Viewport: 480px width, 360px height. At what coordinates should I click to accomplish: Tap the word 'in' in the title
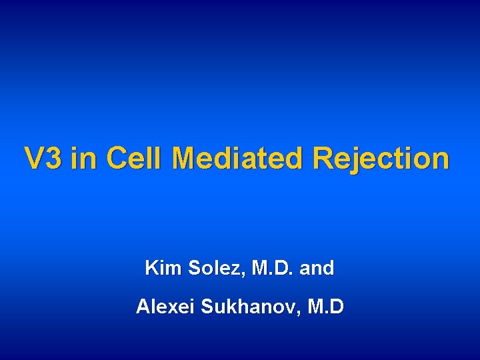[x=83, y=159]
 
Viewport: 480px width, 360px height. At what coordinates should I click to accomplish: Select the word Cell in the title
[x=133, y=159]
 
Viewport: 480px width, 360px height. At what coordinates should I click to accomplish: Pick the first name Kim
[x=163, y=269]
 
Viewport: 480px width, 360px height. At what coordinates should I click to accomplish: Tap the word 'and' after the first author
[x=317, y=269]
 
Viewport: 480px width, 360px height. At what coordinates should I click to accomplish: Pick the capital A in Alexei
[x=143, y=307]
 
